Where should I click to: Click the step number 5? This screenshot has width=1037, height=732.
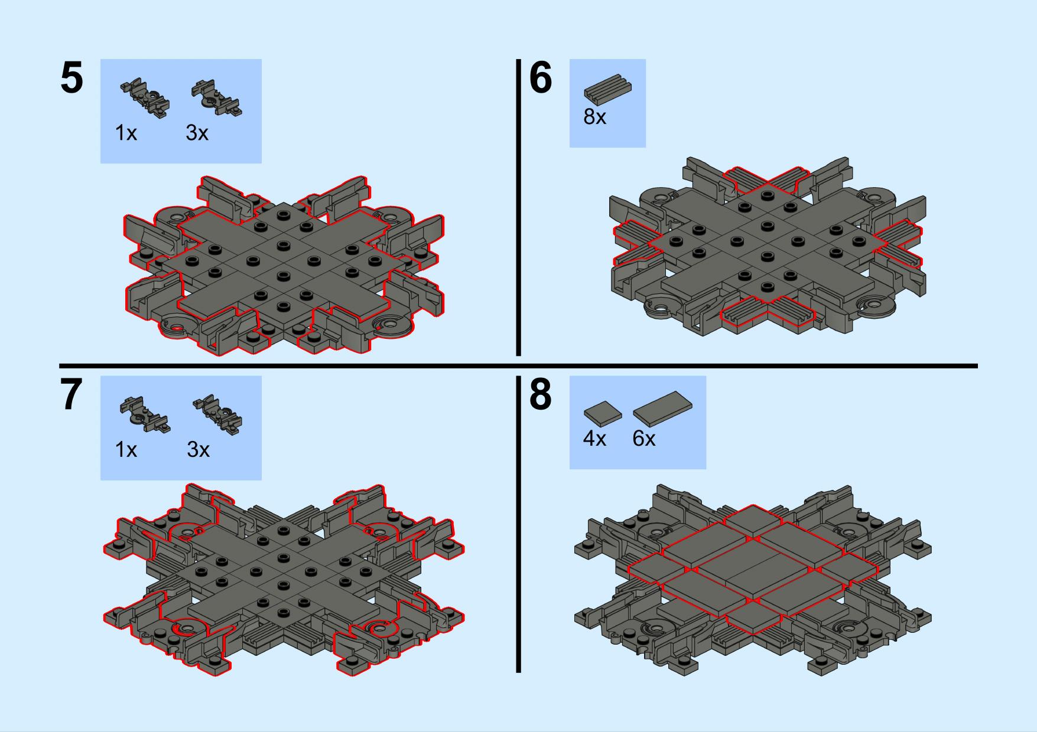pyautogui.click(x=71, y=79)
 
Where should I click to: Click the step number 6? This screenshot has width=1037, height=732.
pyautogui.click(x=540, y=79)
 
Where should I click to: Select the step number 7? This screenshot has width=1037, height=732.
pyautogui.click(x=71, y=396)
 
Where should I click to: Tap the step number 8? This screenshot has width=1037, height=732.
pyautogui.click(x=540, y=396)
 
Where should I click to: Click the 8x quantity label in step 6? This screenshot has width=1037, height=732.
pyautogui.click(x=595, y=117)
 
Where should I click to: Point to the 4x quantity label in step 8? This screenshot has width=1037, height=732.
pyautogui.click(x=594, y=439)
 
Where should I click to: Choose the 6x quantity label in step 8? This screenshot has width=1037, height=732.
pyautogui.click(x=643, y=439)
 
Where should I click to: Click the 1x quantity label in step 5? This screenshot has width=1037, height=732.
pyautogui.click(x=126, y=133)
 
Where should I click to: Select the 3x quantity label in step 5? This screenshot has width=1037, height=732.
pyautogui.click(x=197, y=133)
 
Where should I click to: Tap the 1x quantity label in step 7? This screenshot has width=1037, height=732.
pyautogui.click(x=126, y=450)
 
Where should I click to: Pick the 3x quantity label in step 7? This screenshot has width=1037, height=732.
pyautogui.click(x=199, y=450)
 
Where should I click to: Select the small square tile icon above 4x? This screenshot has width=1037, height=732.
pyautogui.click(x=603, y=414)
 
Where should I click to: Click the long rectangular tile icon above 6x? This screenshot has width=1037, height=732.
pyautogui.click(x=662, y=408)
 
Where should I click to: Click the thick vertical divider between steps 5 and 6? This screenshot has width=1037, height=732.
pyautogui.click(x=518, y=207)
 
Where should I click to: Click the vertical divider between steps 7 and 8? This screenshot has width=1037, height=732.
pyautogui.click(x=518, y=524)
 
